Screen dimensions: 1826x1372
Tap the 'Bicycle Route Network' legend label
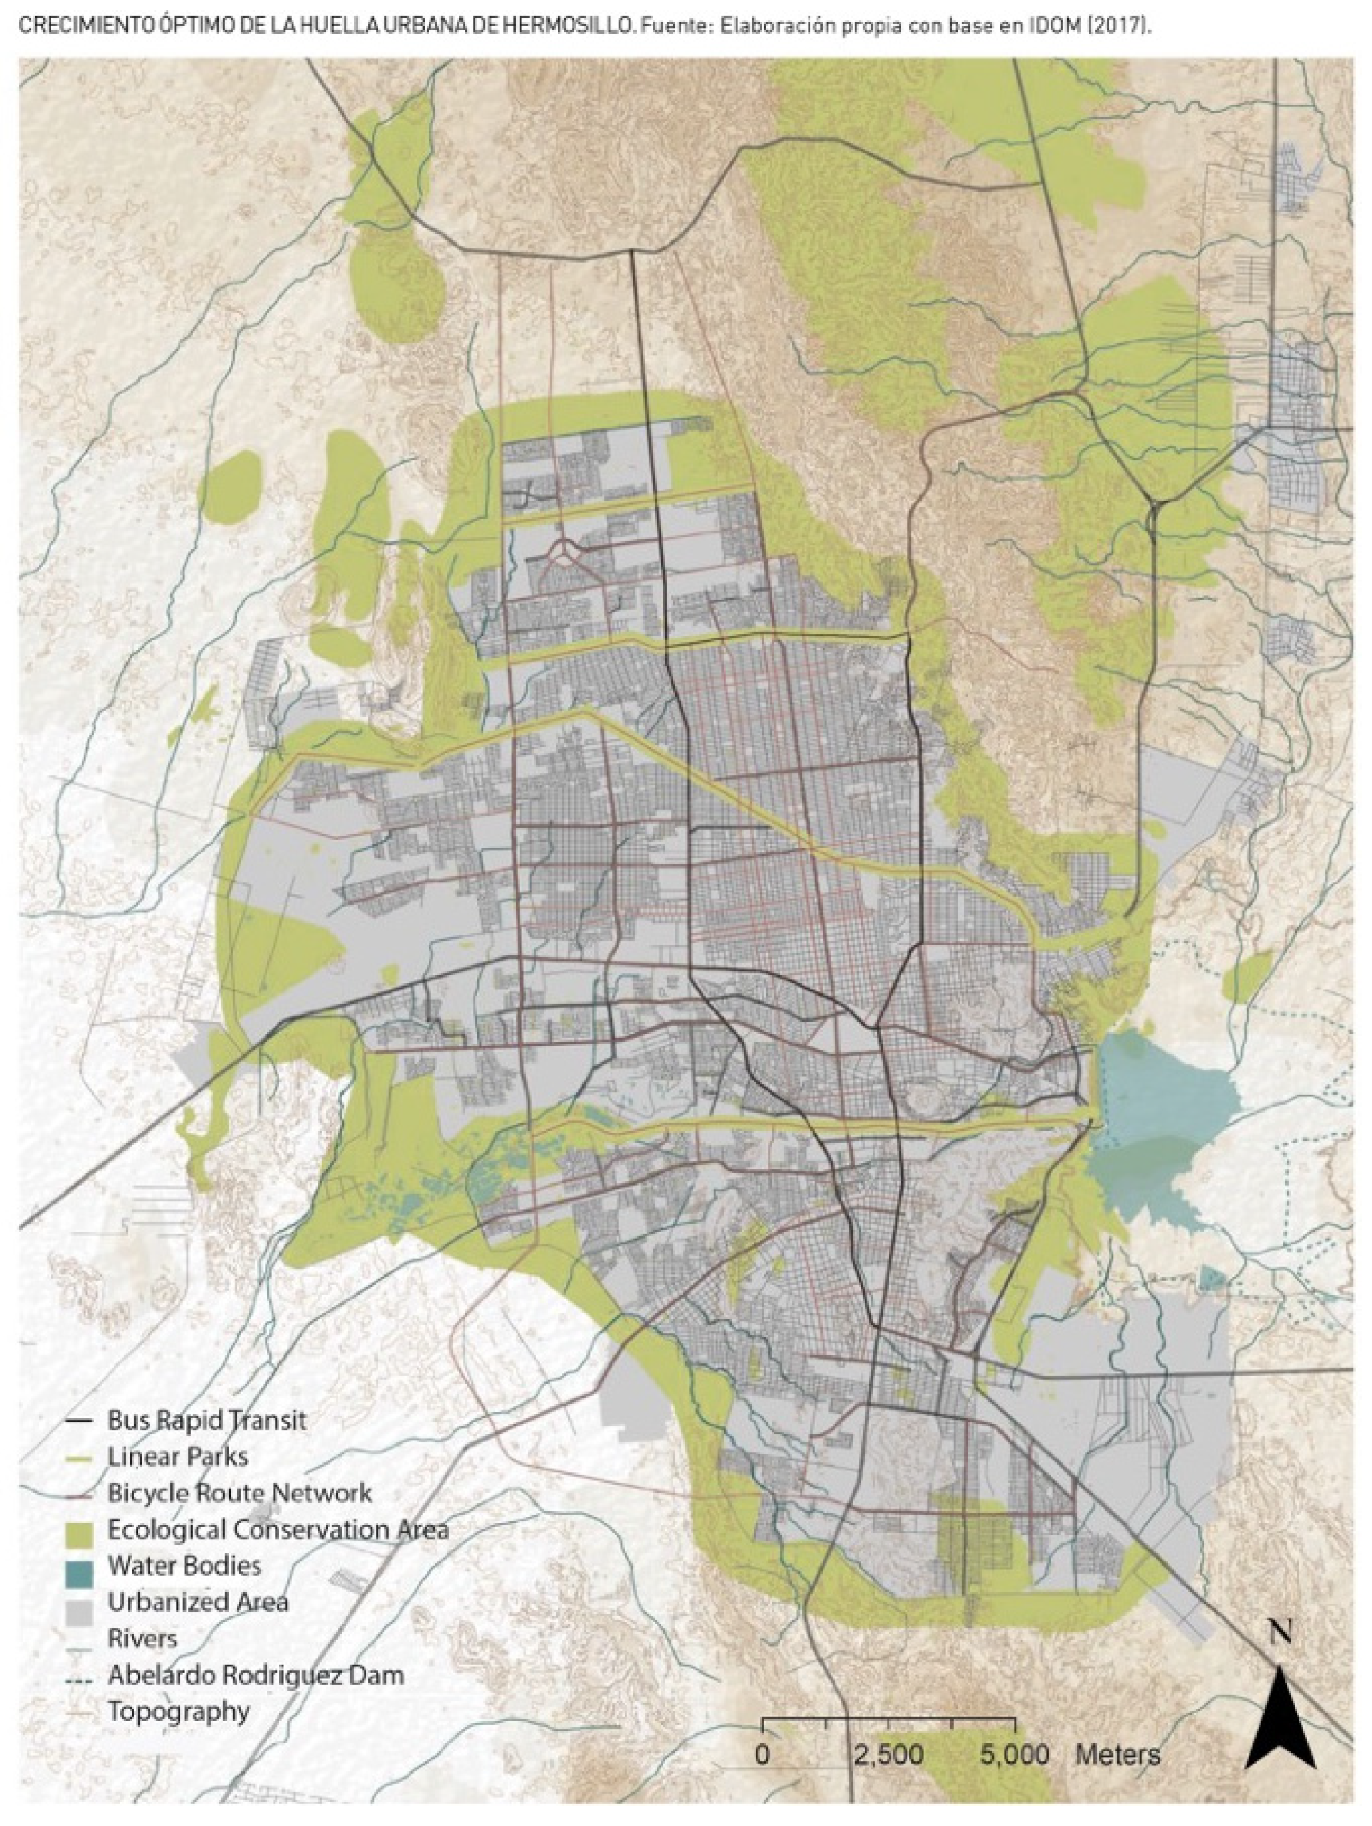tap(239, 1493)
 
